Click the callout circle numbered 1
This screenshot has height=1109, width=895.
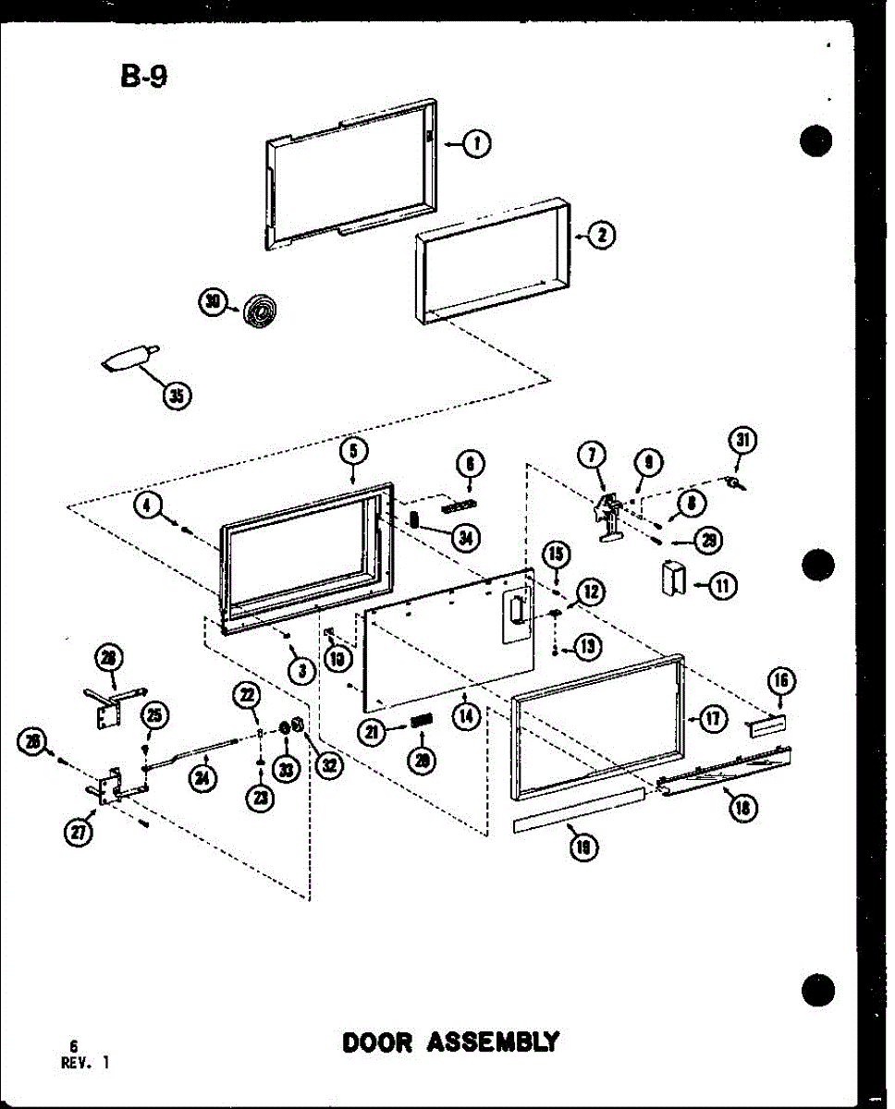coord(477,143)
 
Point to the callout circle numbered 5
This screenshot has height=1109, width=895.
coord(353,450)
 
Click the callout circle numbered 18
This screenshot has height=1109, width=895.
coord(742,807)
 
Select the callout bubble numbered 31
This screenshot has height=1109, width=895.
coord(741,442)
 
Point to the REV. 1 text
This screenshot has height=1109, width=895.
coord(85,1063)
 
